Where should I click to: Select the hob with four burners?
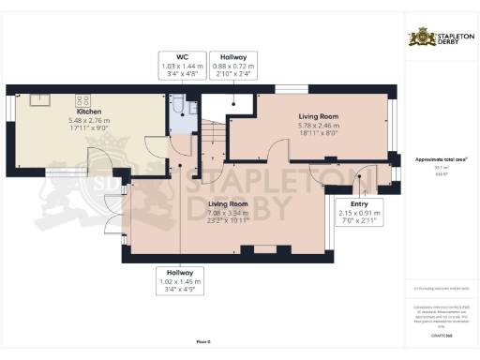tap(81, 98)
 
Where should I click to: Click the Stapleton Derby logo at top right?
tap(441, 38)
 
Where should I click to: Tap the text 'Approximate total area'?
tap(438, 159)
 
